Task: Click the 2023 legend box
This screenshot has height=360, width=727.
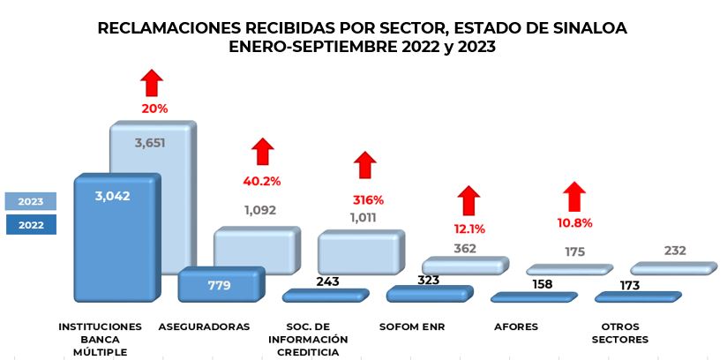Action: [30, 200]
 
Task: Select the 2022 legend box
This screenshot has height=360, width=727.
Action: [30, 225]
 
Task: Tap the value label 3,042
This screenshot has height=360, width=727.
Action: [112, 196]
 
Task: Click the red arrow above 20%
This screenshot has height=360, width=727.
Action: [152, 83]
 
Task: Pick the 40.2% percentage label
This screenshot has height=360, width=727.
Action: [261, 181]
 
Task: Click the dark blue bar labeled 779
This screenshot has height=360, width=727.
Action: [220, 285]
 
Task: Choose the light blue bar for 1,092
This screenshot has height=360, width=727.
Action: [256, 251]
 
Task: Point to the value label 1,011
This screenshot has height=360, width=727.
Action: [361, 218]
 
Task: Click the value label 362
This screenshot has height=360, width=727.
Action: [465, 248]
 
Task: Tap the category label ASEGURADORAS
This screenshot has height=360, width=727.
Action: [204, 327]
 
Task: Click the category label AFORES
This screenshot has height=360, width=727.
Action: [516, 327]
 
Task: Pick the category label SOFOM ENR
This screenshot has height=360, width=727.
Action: [412, 327]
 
